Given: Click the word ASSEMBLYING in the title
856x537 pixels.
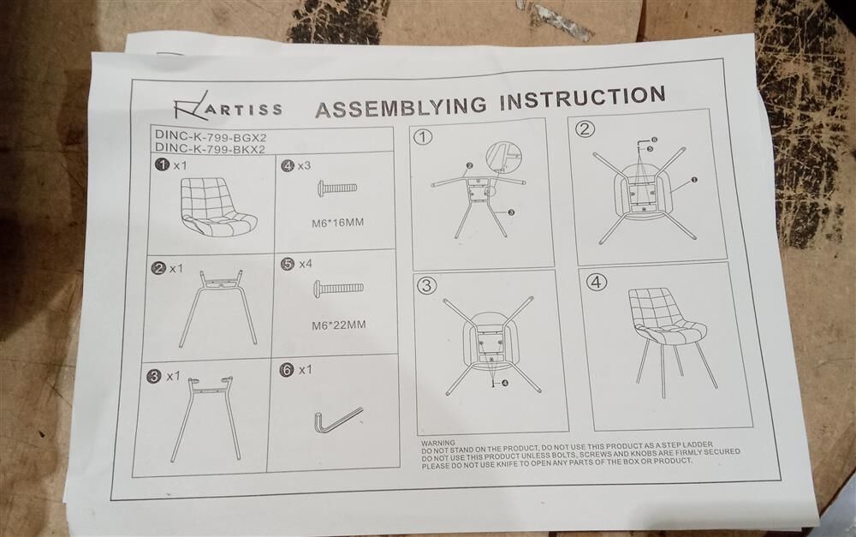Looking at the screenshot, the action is pos(400,106).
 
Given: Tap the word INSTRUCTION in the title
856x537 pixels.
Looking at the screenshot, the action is pos(582,98).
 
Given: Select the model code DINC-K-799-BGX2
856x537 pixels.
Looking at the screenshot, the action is pos(211,134).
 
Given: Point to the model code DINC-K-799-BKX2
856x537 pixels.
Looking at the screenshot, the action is pos(211,148).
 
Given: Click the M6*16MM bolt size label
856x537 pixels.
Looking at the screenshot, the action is pos(337,223).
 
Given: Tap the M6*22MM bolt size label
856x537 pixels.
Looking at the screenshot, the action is pos(338,325).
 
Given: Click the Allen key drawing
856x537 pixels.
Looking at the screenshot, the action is pos(336,419).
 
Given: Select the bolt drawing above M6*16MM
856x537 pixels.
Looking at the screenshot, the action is pos(337,188).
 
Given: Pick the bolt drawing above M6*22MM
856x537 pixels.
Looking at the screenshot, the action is pos(338,288).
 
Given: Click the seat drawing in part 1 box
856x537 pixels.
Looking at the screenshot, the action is pos(217,207).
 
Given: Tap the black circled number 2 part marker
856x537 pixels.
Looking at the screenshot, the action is pos(159,268).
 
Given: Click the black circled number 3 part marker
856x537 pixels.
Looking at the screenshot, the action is pos(155,376).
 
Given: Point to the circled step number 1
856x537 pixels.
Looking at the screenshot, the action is pos(423,137).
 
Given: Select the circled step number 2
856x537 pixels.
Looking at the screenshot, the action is pos(585,129).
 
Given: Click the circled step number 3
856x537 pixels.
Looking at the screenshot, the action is pos(427,286).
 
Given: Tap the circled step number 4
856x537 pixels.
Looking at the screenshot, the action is pos(596,282).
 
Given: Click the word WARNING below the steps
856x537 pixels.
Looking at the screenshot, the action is pos(438,443).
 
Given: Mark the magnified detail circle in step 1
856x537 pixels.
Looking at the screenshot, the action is pos(503,156).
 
